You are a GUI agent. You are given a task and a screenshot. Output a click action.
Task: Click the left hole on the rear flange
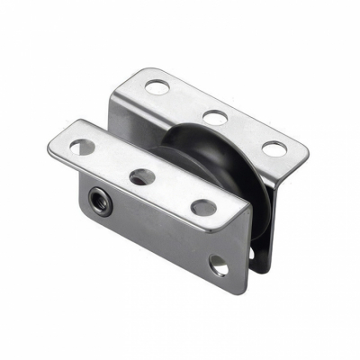(157, 87)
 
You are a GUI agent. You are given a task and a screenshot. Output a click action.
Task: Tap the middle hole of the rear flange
(213, 117)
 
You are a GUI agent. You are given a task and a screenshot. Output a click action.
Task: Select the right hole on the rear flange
(273, 148)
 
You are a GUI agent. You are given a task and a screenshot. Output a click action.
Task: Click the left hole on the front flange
(82, 147)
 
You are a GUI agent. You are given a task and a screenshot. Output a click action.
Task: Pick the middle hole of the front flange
(140, 176)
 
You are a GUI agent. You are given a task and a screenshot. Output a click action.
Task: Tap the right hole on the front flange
(203, 207)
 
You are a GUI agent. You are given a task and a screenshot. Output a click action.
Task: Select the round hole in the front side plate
(219, 265)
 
